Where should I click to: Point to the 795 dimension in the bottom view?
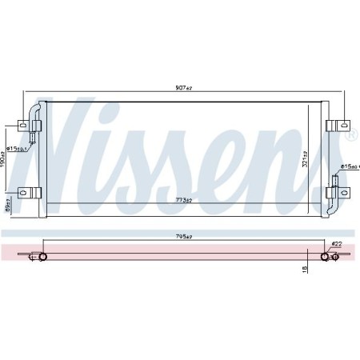[x=186, y=236]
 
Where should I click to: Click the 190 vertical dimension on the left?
[x=4, y=161]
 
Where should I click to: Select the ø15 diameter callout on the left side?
[x=17, y=148]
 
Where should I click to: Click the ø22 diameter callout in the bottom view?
[x=336, y=244]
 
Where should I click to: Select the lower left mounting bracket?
[x=30, y=192]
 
